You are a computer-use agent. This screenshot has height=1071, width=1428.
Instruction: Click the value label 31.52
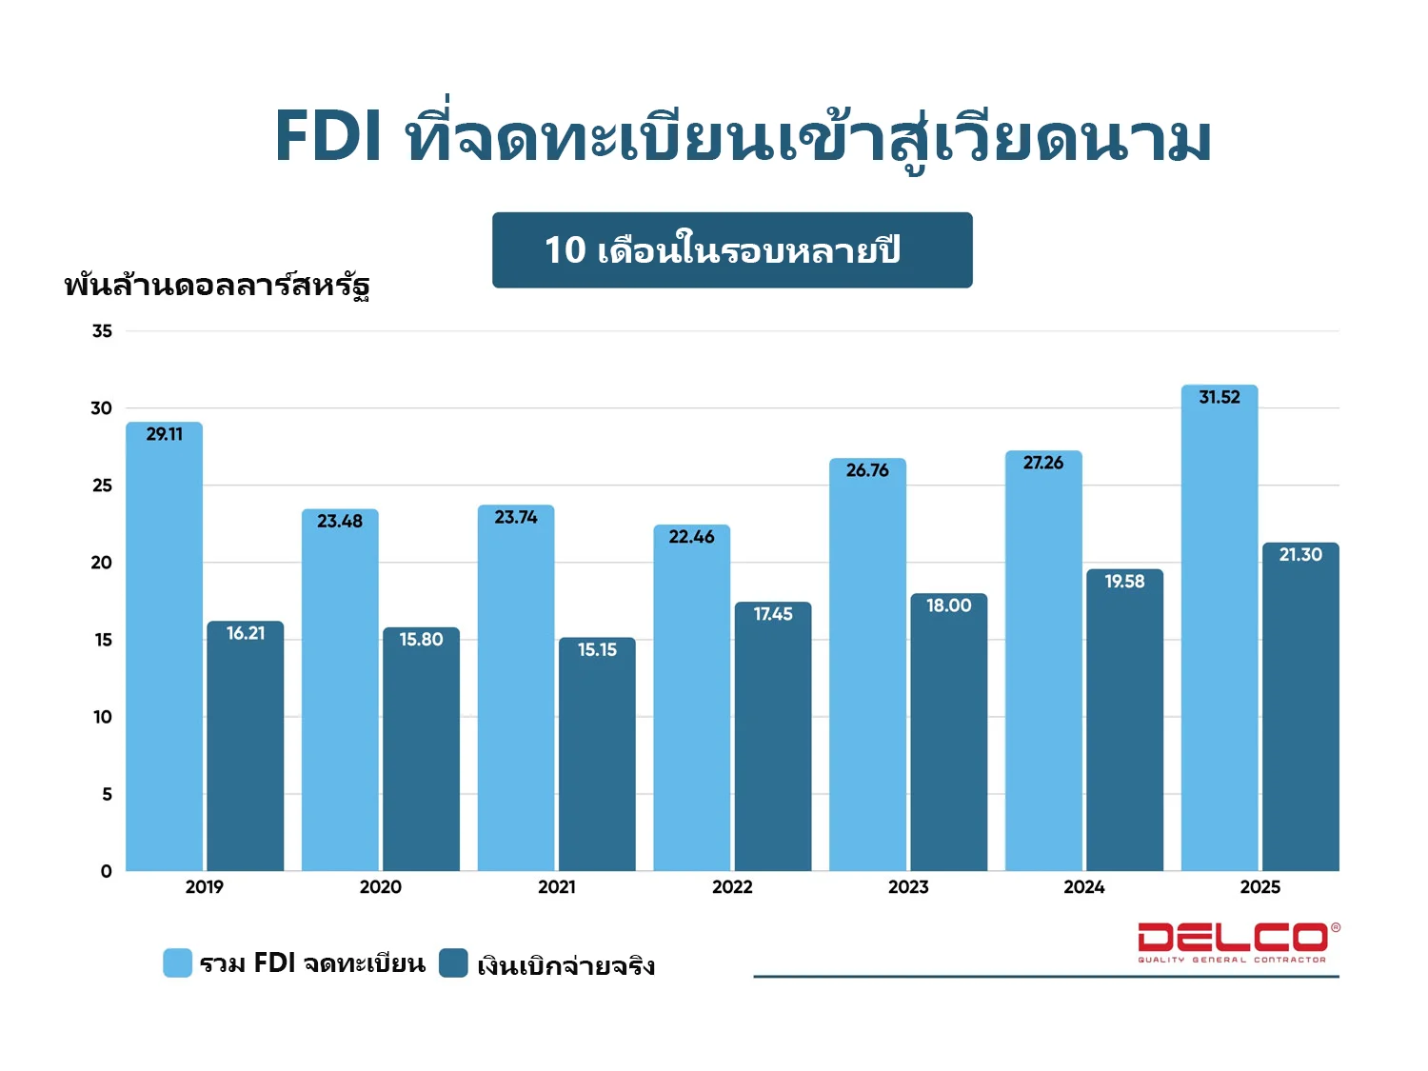[1220, 397]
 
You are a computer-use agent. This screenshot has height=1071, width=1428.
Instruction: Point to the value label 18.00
[949, 605]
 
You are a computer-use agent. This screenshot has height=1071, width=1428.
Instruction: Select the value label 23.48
[340, 521]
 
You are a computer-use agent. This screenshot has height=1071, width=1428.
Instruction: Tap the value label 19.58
[1124, 581]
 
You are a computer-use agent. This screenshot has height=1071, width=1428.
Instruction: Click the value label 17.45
[773, 614]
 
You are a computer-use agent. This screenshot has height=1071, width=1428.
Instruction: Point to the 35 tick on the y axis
[102, 331]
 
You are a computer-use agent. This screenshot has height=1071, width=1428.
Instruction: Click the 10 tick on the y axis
[102, 717]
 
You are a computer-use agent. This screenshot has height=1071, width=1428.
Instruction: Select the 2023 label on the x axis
[908, 887]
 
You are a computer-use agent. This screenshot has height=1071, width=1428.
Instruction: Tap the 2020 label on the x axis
[381, 887]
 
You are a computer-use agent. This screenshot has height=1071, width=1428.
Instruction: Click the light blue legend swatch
[177, 962]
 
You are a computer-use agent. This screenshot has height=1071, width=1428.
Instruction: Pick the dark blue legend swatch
[453, 962]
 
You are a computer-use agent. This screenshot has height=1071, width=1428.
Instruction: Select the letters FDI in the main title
[328, 136]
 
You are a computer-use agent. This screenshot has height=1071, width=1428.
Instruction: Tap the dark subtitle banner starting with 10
[732, 250]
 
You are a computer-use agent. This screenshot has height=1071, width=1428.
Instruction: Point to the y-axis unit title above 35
[217, 285]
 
